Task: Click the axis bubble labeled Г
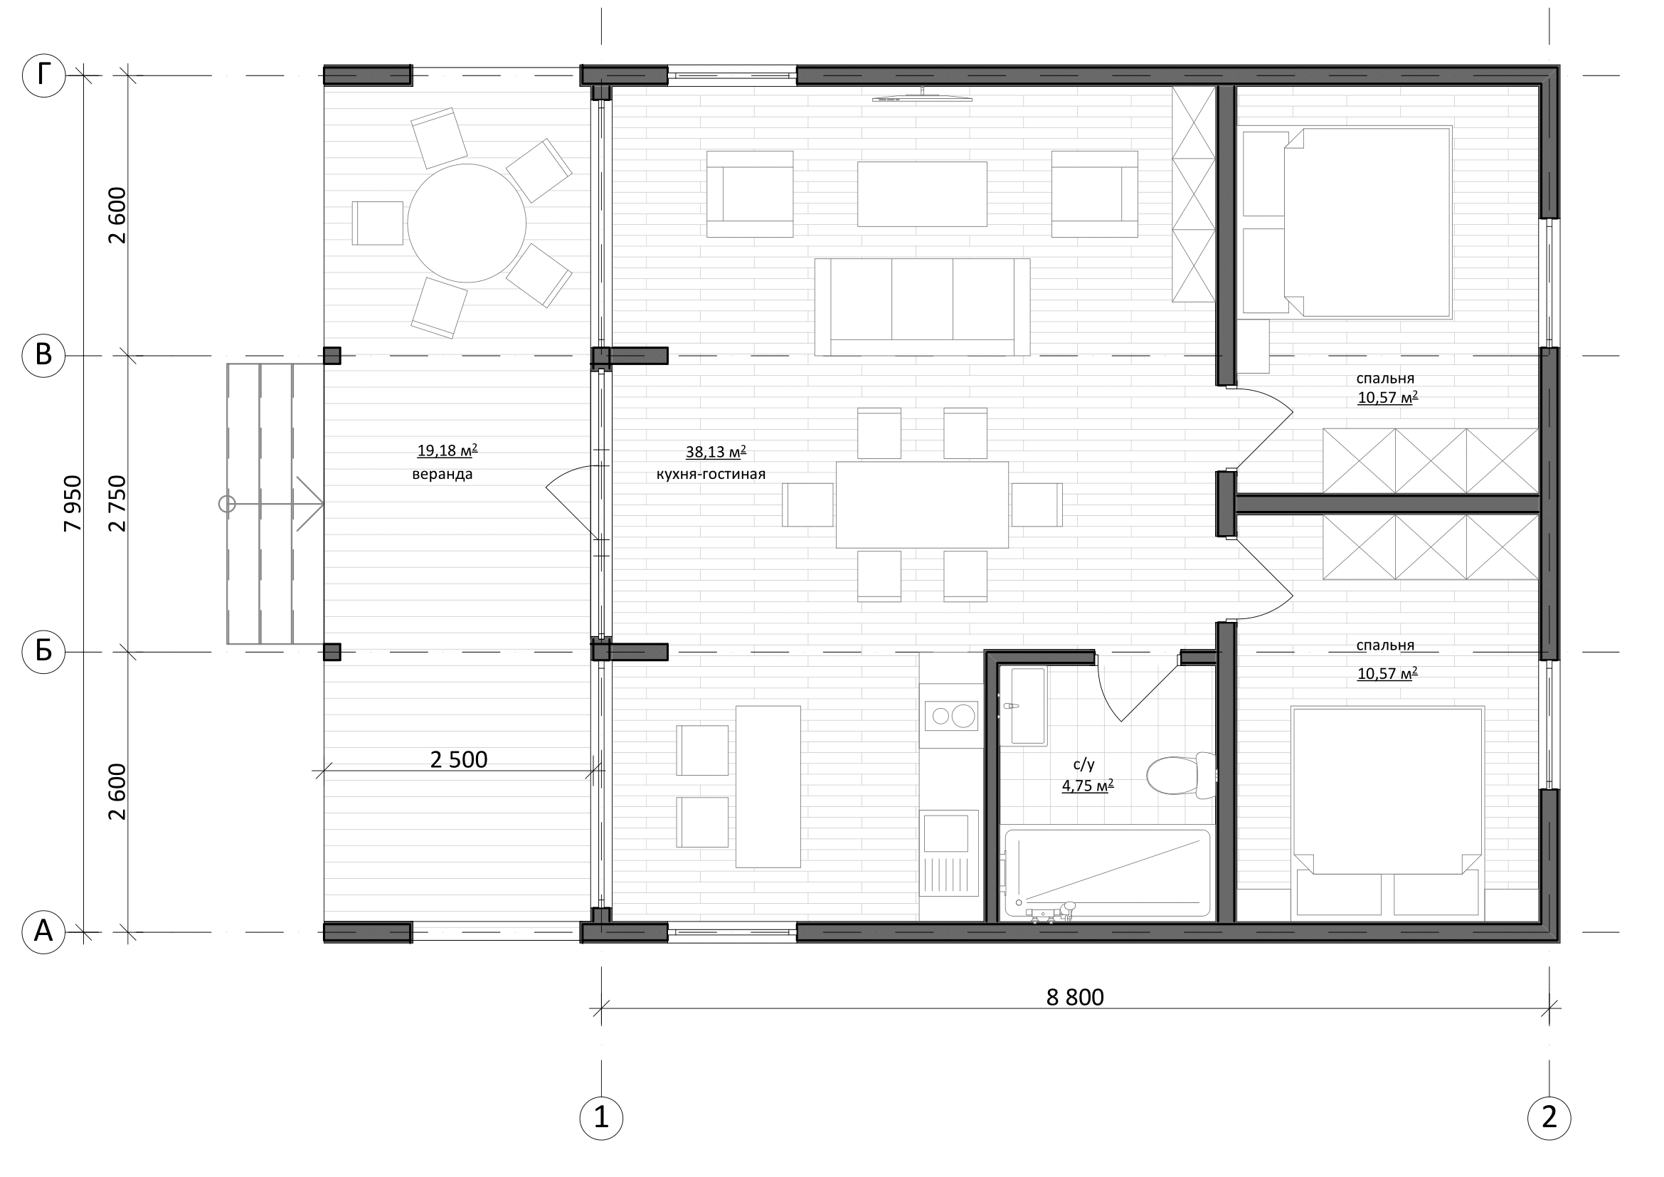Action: point(43,75)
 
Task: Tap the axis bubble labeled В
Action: point(43,356)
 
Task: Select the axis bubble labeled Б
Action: point(43,652)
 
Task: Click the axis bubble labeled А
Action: point(43,931)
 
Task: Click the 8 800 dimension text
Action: point(1075,997)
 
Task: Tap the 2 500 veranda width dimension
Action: point(459,759)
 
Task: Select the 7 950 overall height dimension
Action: point(73,504)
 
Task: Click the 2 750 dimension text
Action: point(117,504)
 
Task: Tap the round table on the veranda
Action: point(467,223)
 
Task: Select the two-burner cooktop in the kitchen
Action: point(951,715)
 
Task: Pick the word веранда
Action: point(442,475)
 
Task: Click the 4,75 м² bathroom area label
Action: point(1088,786)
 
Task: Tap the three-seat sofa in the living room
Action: point(922,307)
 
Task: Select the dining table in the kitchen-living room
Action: point(922,505)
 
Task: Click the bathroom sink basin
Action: point(1028,706)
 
